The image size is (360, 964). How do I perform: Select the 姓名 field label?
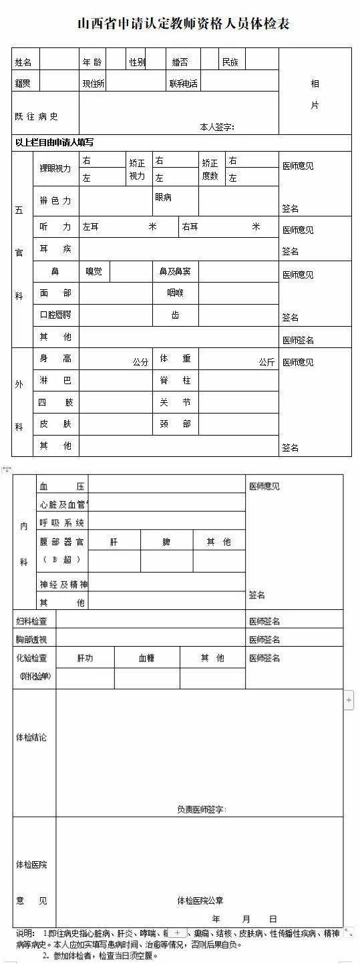[x=24, y=62]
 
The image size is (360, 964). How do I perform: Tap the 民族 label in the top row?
[x=230, y=62]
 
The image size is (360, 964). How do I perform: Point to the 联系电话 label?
[x=184, y=84]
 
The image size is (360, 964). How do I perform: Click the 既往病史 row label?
[x=37, y=116]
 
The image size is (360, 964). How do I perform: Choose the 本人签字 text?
[x=217, y=127]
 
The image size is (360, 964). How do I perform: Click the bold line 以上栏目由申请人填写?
[x=55, y=142]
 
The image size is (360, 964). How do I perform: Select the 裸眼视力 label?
[x=55, y=168]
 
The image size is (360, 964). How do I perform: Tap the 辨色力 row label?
[x=55, y=200]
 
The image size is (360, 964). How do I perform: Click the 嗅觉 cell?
[x=94, y=271]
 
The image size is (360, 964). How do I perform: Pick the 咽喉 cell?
[x=175, y=293]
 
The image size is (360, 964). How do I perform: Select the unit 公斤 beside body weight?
[x=267, y=362]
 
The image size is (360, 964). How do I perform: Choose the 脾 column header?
[x=166, y=542]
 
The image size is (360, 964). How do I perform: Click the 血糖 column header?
[x=147, y=658]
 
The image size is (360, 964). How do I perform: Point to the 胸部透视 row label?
[x=31, y=639]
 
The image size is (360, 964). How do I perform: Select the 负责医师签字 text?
[x=202, y=810]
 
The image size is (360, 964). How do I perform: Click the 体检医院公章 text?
[x=200, y=901]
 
